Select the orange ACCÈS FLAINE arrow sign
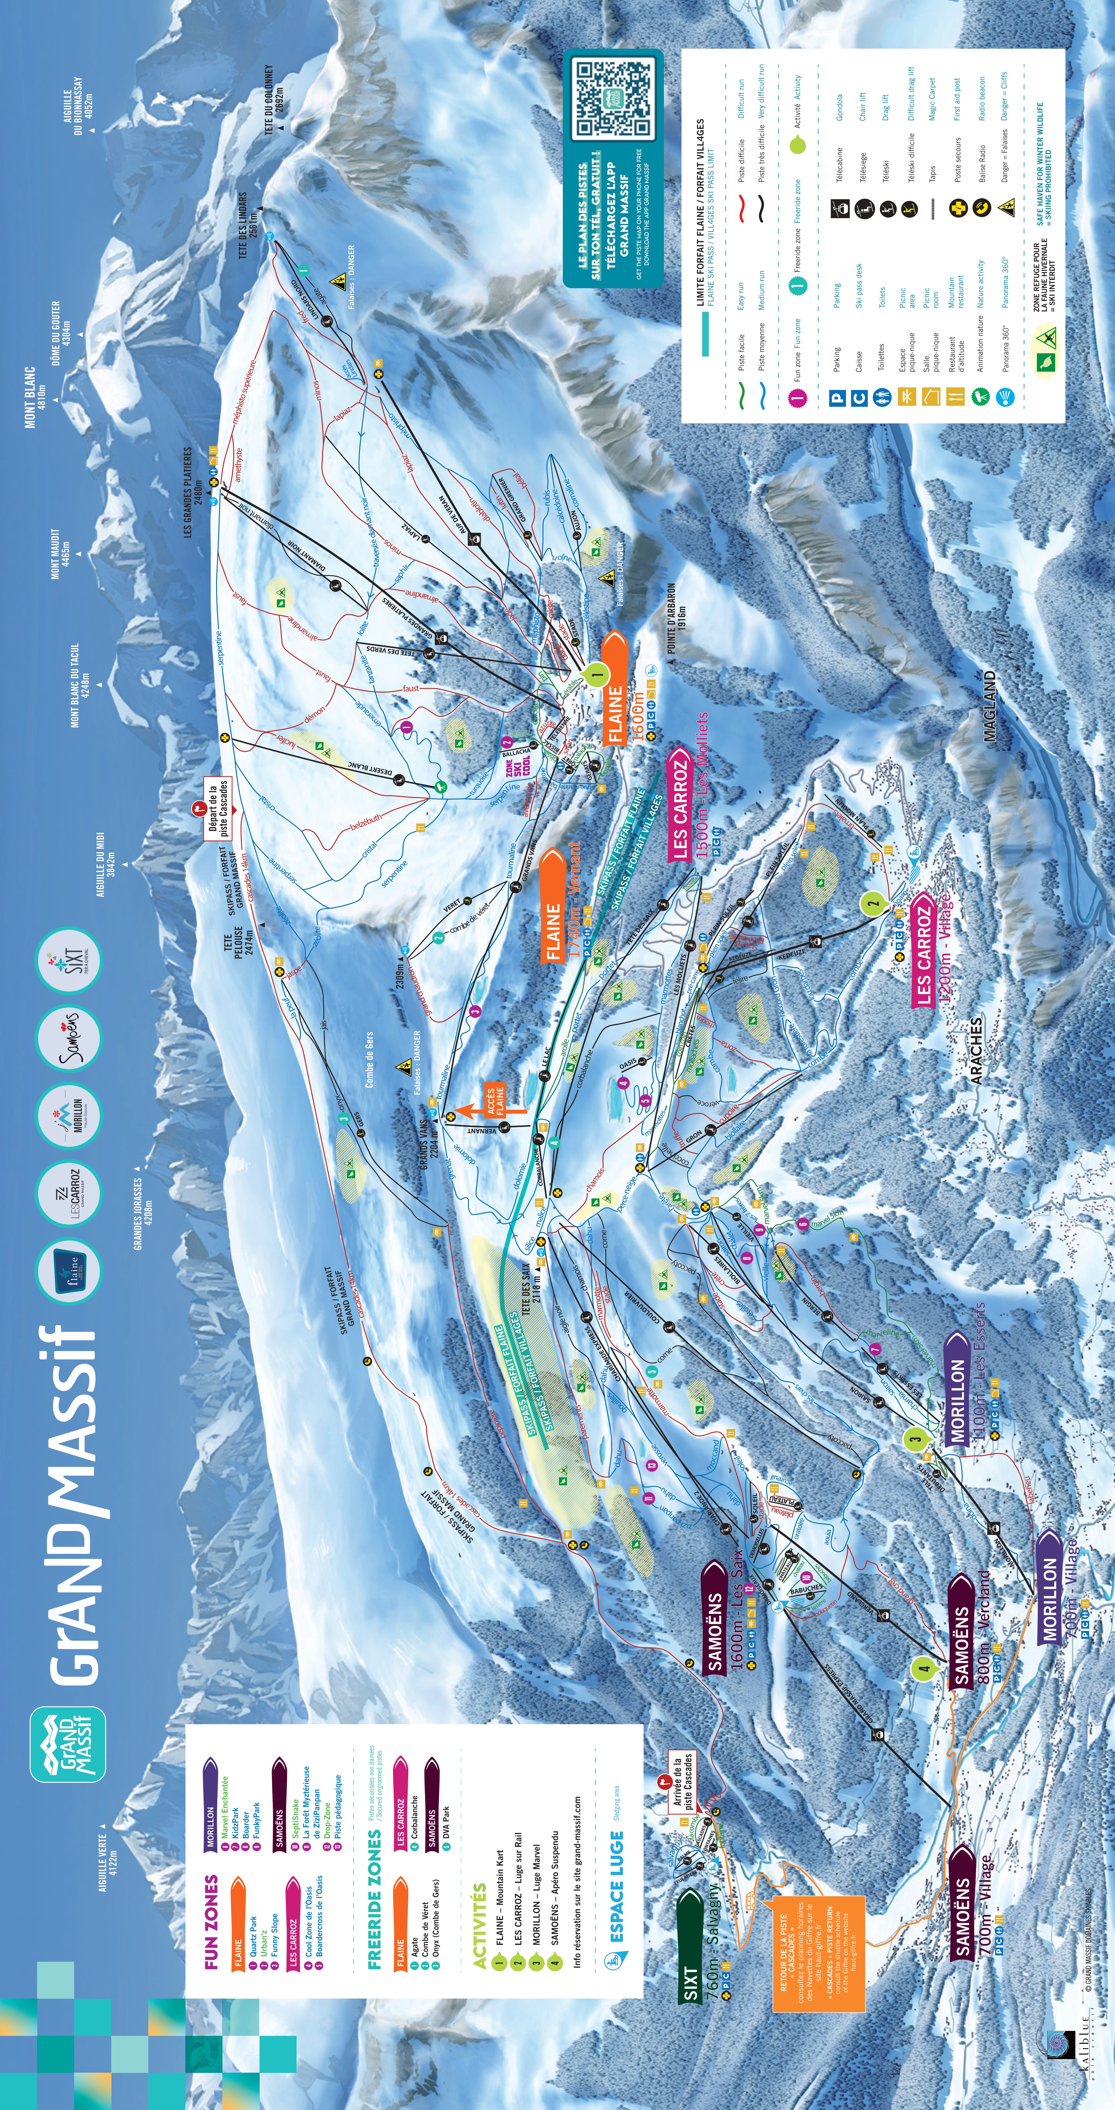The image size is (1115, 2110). tap(490, 1100)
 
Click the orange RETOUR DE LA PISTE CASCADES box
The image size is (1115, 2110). tap(818, 1941)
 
